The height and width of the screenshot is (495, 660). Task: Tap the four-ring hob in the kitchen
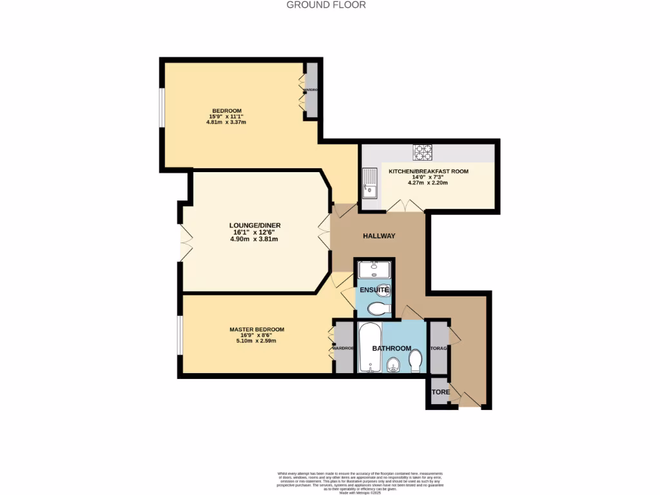(423, 152)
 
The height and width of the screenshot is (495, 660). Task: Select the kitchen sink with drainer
(369, 183)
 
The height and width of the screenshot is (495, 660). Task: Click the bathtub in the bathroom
(369, 348)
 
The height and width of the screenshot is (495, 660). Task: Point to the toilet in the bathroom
(416, 360)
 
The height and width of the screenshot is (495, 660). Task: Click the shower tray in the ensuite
(374, 271)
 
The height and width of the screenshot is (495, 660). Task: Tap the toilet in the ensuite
(382, 310)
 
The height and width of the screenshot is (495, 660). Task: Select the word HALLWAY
(378, 236)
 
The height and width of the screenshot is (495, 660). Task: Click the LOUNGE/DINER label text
(255, 226)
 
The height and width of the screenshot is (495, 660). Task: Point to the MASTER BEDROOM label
(257, 329)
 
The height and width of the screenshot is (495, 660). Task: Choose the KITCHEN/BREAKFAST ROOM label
(428, 171)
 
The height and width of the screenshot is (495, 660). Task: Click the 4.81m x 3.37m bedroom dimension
(226, 122)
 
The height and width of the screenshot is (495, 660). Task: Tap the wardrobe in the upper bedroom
(311, 90)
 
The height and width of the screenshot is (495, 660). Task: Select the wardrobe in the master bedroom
(343, 347)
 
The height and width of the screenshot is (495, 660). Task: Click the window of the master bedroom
(180, 335)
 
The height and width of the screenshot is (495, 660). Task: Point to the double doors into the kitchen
(404, 206)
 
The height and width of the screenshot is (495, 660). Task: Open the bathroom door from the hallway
(409, 314)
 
